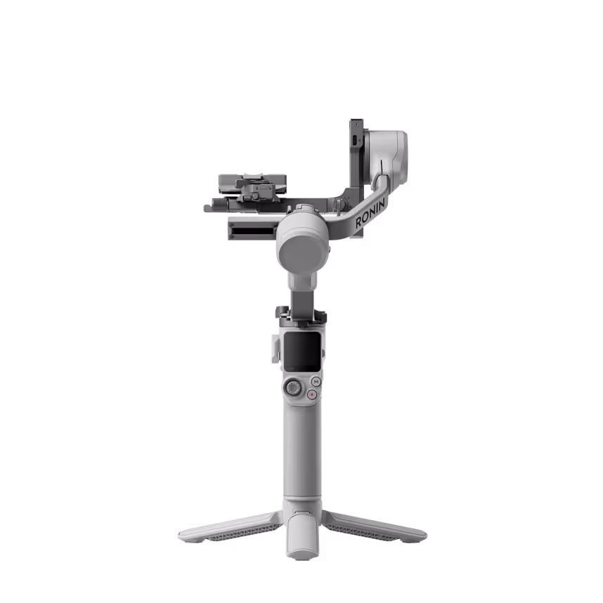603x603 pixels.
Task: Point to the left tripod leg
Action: coord(225,529)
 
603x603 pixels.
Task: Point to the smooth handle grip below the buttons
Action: coord(303,450)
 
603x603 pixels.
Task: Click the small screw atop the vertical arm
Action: coord(354,121)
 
